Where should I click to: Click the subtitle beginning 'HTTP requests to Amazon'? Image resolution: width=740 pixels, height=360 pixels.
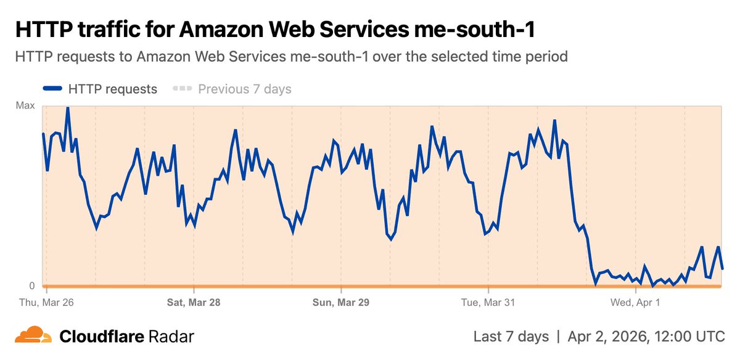tap(290, 57)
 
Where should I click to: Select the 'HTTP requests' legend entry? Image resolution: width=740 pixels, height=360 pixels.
tap(113, 89)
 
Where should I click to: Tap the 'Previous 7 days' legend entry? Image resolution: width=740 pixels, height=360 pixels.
tap(244, 89)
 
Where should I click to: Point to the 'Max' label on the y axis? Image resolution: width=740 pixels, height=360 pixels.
tap(25, 106)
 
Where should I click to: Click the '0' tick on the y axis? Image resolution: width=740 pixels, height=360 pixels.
tap(31, 286)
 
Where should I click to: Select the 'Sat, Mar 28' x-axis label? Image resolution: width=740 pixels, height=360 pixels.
tap(194, 303)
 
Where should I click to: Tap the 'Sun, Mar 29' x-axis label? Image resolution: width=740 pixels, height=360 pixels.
tap(340, 303)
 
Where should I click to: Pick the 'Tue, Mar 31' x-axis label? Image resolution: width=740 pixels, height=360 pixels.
tap(488, 303)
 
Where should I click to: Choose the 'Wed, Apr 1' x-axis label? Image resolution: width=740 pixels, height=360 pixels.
tap(635, 303)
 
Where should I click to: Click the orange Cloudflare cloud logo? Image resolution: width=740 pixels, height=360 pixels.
tap(33, 335)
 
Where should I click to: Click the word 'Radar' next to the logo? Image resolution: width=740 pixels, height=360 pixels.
tap(171, 337)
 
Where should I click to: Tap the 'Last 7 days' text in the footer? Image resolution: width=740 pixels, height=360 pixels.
tap(511, 337)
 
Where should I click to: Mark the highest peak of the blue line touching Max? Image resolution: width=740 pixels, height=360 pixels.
tap(67, 108)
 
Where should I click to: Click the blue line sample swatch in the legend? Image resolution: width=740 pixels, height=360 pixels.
tap(52, 89)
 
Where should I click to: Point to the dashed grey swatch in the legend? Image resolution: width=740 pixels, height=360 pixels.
tap(183, 89)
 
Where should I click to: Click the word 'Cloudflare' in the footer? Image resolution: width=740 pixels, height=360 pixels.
tap(102, 337)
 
